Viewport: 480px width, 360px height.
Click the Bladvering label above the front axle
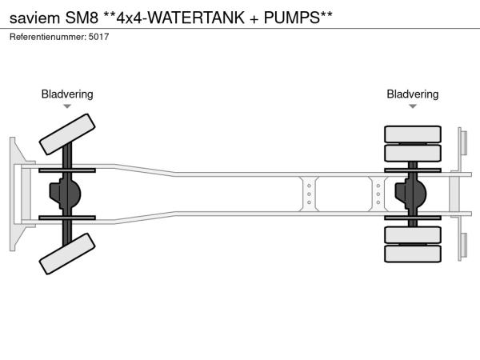67,94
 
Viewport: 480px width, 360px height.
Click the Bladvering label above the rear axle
413,94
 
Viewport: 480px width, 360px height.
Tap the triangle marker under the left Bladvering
67,106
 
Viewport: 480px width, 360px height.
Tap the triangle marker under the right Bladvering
413,106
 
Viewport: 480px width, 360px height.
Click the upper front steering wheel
67,134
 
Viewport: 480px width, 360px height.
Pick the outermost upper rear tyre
413,134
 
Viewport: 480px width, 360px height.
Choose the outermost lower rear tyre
413,254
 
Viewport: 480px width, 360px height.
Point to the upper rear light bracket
462,142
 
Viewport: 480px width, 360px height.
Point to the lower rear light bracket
462,245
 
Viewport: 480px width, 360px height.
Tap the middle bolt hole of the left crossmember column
309,194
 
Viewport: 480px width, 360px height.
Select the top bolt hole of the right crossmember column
378,185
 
